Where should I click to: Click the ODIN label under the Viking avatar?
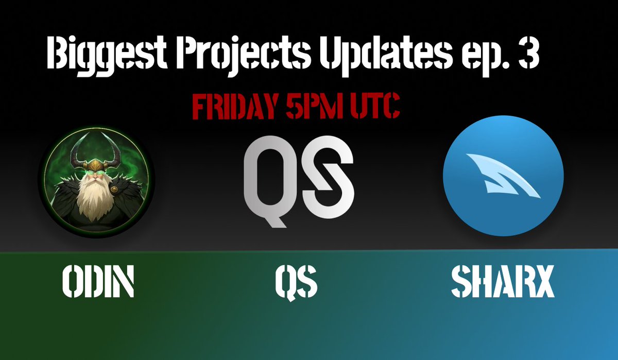pos(98,282)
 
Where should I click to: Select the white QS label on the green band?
pos(296,282)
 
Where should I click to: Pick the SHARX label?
pos(503,282)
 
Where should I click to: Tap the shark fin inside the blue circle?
pos(503,175)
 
